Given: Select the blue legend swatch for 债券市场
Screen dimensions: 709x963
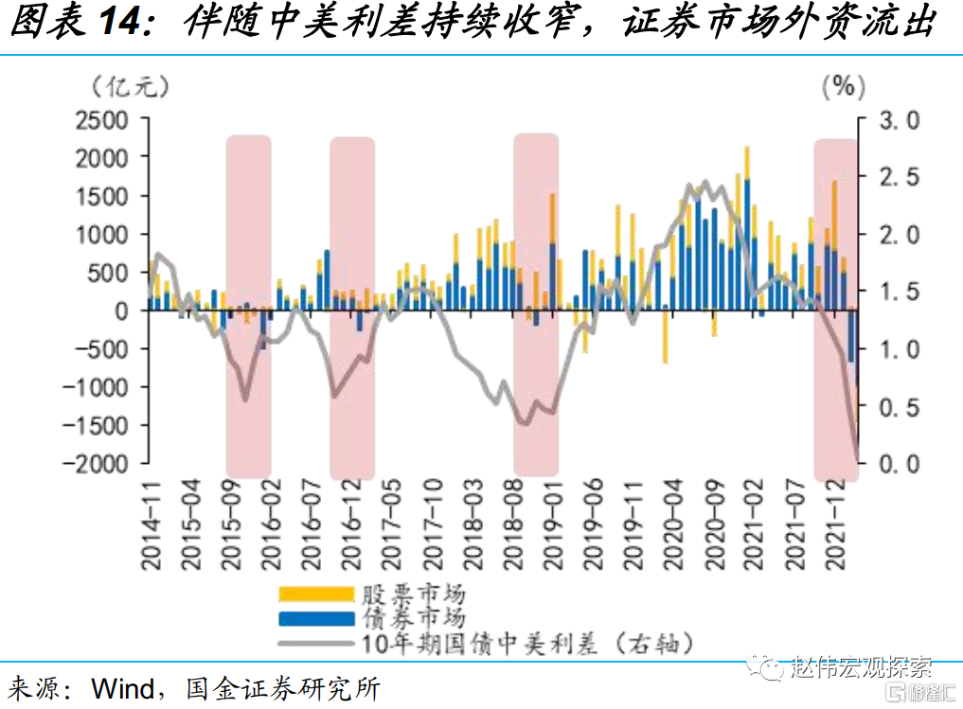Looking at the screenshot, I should pos(314,620).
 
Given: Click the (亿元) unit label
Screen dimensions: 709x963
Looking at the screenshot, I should pos(131,86).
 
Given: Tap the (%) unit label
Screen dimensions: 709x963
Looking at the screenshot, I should pos(843,86).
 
